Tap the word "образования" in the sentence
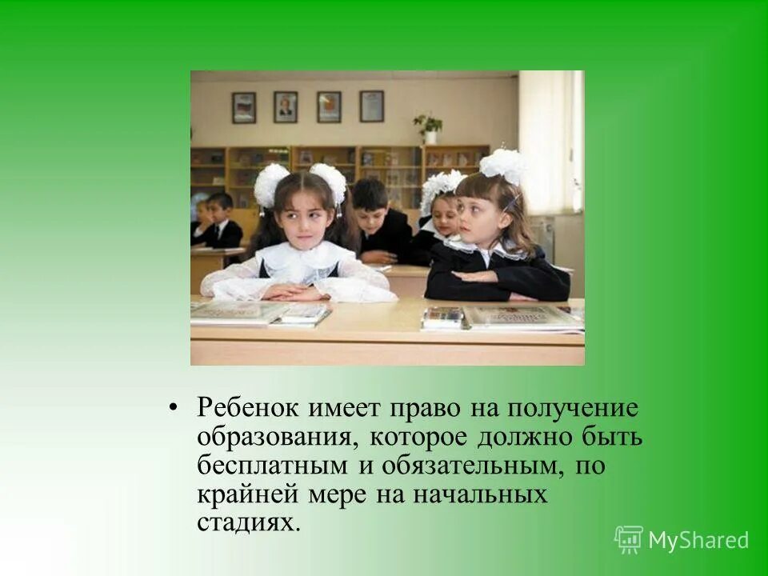pos(271,438)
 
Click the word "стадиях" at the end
pos(248,523)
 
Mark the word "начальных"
pos(479,494)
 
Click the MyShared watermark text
pos(698,540)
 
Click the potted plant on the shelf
pos(428,128)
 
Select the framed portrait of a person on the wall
pos(285,106)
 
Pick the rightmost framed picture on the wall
pos(371,106)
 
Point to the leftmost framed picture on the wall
pos(244,107)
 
